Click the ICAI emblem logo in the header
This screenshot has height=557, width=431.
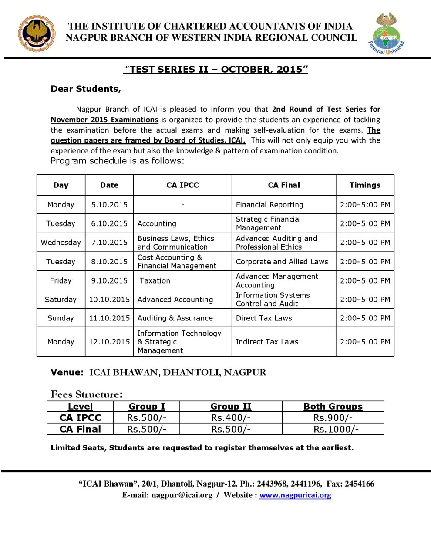pos(37,33)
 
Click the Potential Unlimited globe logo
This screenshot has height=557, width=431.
pos(386,34)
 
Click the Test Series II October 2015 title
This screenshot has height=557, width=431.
pos(216,70)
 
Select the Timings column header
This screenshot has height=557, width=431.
pos(365,185)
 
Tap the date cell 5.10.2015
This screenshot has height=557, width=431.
pos(109,205)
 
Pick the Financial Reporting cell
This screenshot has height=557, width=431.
pos(269,205)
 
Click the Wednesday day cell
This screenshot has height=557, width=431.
pos(61,243)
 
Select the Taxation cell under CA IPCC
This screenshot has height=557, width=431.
pos(155,281)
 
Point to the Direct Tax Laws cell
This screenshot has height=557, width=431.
pos(264,318)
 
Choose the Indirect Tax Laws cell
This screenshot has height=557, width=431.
pos(267,342)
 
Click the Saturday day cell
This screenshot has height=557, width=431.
pos(61,300)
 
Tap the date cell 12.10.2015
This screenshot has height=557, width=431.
pos(109,342)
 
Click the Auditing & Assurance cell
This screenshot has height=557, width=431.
pos(175,318)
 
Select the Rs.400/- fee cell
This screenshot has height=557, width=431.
pos(231,418)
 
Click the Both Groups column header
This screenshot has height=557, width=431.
pos(333,407)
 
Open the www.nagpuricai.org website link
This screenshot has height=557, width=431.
pos(295,495)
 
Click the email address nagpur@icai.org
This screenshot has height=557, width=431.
pos(182,495)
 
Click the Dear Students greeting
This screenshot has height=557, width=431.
pos(86,89)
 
